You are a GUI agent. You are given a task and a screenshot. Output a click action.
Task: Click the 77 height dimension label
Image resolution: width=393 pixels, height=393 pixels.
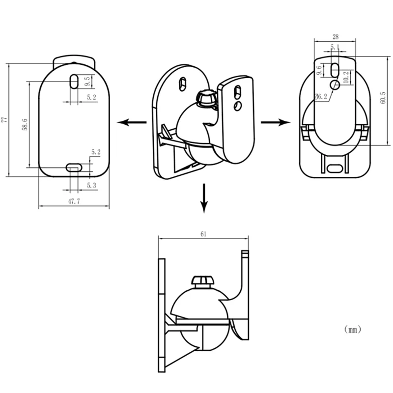[4, 119]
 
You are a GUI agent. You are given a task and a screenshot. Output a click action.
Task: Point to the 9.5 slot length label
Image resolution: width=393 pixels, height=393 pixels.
[87, 79]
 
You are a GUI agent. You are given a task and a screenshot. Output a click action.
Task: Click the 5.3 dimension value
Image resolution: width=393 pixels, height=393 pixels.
[91, 185]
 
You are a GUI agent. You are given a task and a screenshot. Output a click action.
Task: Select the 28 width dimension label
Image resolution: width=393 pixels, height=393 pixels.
[335, 37]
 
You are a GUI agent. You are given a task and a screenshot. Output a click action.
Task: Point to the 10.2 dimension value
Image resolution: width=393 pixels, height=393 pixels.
[346, 77]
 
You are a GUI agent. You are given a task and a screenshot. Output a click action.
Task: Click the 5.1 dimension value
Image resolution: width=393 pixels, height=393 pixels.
[335, 48]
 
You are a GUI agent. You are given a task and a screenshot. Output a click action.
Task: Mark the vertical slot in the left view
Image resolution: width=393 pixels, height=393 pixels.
[73, 81]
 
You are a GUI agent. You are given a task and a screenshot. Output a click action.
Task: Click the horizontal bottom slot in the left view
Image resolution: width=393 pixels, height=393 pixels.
[74, 168]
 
